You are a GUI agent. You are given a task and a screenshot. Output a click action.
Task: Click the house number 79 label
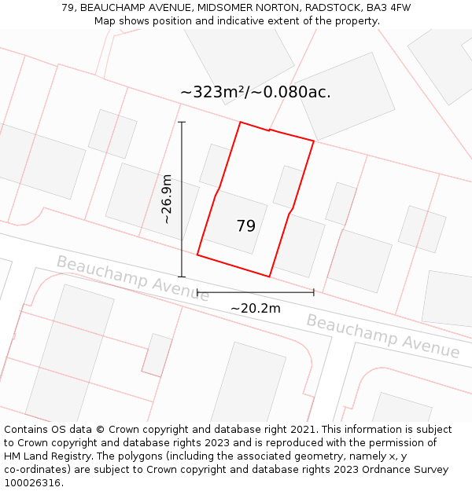coord(245,226)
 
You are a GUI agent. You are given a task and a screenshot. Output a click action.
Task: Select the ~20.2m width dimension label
coord(255,309)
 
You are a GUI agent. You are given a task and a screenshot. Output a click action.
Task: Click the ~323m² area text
coord(214,92)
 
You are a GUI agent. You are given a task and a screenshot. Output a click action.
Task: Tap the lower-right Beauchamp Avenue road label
coord(382,335)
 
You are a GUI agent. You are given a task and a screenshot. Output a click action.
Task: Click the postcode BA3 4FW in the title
coord(389,8)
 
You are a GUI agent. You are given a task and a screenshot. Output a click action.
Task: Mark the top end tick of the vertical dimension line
coord(182,122)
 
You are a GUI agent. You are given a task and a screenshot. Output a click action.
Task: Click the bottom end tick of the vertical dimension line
coord(182,277)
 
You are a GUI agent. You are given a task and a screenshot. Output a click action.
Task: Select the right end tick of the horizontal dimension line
coord(314,292)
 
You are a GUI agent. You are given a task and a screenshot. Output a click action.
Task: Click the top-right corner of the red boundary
coord(314,141)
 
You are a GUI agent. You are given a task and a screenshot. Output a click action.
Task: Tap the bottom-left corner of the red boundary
coord(197,255)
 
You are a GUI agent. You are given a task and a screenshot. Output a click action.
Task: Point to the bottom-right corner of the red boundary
coord(270,277)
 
